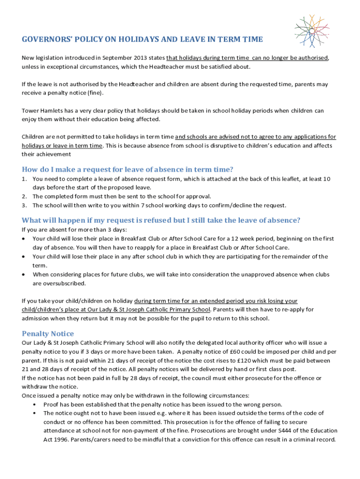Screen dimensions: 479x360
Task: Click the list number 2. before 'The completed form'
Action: (24, 196)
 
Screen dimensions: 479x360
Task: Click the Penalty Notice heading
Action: (48, 334)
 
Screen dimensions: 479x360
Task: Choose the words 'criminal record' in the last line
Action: (313, 440)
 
